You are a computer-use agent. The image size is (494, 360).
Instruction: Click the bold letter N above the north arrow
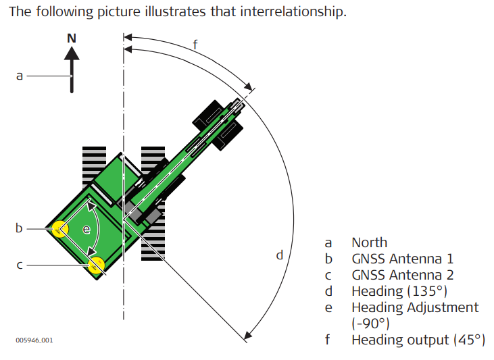point(72,38)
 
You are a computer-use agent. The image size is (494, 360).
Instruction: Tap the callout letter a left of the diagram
point(20,76)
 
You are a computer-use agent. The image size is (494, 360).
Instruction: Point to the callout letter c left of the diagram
point(20,265)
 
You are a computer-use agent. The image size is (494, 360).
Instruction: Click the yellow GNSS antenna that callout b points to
point(61,230)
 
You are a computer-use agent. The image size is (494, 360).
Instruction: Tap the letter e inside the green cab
point(86,230)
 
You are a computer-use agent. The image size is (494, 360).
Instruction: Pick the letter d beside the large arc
point(279,256)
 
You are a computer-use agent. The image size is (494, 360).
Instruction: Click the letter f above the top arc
point(195,45)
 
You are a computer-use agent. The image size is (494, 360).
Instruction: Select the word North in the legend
point(369,242)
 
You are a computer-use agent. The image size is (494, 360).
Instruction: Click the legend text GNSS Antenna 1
point(402,259)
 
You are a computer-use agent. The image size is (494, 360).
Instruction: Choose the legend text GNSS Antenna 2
point(402,275)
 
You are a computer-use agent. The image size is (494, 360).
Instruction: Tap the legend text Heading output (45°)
point(418,339)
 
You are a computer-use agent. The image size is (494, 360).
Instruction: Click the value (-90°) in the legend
point(370,323)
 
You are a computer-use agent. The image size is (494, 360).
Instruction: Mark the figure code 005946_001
point(34,340)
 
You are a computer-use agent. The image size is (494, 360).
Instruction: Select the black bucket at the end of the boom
point(218,123)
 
